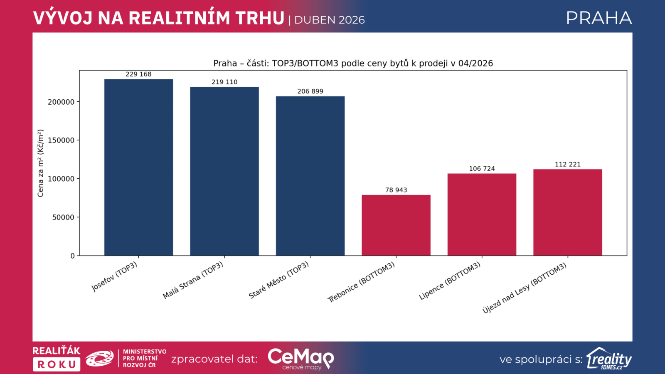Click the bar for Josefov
pyautogui.click(x=139, y=167)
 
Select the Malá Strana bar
pyautogui.click(x=224, y=171)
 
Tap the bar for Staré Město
pyautogui.click(x=310, y=176)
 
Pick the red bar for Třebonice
pyautogui.click(x=396, y=225)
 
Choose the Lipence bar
pyautogui.click(x=482, y=214)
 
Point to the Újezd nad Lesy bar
pyautogui.click(x=568, y=212)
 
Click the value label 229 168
pyautogui.click(x=139, y=74)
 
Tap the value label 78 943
pyautogui.click(x=396, y=190)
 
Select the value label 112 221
pyautogui.click(x=568, y=165)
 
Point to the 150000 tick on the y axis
pyautogui.click(x=61, y=140)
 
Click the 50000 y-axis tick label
pyautogui.click(x=63, y=218)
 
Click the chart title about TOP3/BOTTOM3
pyautogui.click(x=353, y=63)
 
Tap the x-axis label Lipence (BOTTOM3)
pyautogui.click(x=449, y=281)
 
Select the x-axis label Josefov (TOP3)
pyautogui.click(x=114, y=277)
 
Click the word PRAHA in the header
pyautogui.click(x=599, y=18)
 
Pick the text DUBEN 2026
pyautogui.click(x=329, y=20)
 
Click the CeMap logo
pyautogui.click(x=301, y=359)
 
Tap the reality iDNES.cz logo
pyautogui.click(x=609, y=359)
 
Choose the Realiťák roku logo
pyautogui.click(x=57, y=359)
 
